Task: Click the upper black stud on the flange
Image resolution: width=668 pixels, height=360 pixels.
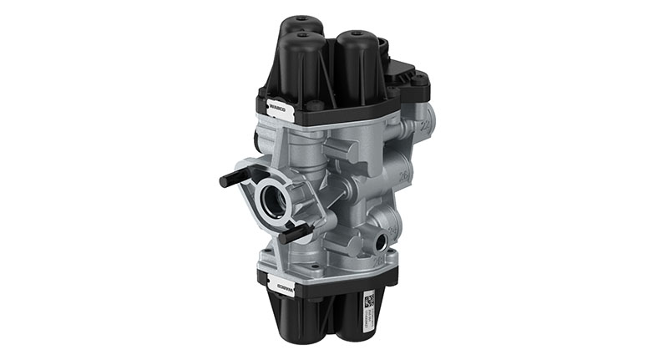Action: click(235, 178)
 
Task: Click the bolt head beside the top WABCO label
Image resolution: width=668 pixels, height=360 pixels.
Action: click(316, 106)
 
